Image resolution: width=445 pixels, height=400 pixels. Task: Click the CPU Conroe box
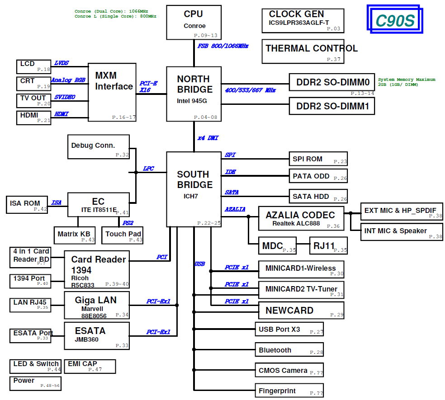pos(194,22)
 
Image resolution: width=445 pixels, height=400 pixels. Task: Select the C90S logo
pos(393,20)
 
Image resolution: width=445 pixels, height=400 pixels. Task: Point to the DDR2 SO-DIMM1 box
pos(332,107)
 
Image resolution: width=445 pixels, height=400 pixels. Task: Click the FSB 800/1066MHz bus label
pos(223,46)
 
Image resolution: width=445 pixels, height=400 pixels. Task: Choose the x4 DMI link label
pos(208,138)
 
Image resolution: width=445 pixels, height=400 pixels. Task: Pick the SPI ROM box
pos(318,159)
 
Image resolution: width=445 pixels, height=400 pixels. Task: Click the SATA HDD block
pos(318,196)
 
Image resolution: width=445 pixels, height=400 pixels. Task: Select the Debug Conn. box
pos(98,146)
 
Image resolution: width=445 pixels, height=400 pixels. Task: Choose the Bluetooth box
pos(289,350)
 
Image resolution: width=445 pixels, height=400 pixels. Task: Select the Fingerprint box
pos(289,391)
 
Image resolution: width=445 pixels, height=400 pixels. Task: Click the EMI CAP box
pos(90,366)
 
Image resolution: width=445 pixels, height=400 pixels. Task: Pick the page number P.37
pos(333,59)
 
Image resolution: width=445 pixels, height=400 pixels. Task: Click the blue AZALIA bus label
pos(235,209)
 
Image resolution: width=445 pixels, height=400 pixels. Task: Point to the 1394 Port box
pos(30,281)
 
